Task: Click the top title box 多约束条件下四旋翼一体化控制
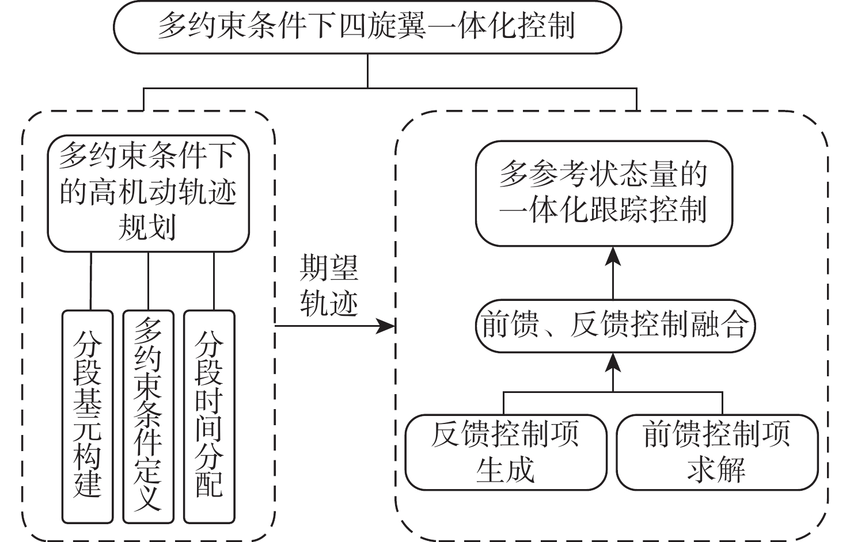tap(367, 27)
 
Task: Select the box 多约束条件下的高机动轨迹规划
tap(148, 193)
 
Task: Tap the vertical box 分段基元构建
tap(88, 417)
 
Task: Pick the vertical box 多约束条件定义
tap(148, 417)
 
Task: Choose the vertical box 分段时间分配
tap(209, 417)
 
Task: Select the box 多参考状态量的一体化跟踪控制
tap(603, 193)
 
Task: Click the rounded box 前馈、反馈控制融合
tap(614, 326)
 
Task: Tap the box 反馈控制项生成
tap(506, 452)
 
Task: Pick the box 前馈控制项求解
tap(717, 452)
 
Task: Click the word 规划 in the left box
tap(147, 228)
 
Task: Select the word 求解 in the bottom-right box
tap(717, 470)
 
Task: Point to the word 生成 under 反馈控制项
tap(506, 470)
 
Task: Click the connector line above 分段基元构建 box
tap(91, 281)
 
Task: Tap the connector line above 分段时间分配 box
tap(214, 281)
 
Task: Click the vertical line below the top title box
tap(367, 70)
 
